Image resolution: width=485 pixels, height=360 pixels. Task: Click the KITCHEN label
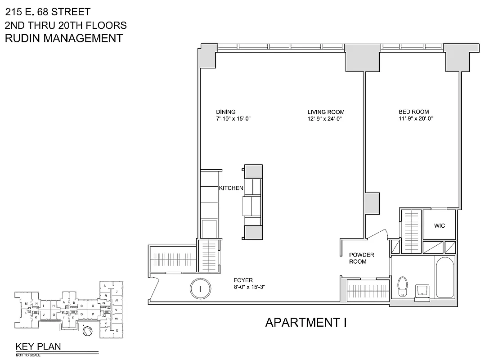click(x=231, y=188)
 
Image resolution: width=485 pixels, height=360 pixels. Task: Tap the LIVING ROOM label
click(x=326, y=112)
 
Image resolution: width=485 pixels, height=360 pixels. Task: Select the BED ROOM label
click(x=413, y=112)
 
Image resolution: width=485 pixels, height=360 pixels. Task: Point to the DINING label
click(x=225, y=112)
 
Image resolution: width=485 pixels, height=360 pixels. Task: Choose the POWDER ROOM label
click(x=361, y=258)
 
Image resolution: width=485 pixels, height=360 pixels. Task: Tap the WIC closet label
click(x=439, y=225)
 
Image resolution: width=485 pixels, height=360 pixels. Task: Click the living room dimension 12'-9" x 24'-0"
click(x=326, y=119)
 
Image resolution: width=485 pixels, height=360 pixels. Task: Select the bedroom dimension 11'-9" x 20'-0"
click(x=415, y=119)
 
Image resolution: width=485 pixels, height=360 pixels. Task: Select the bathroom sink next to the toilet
click(x=422, y=290)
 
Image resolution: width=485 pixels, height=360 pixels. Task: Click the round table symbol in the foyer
click(x=199, y=289)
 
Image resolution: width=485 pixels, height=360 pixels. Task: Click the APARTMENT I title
click(x=305, y=322)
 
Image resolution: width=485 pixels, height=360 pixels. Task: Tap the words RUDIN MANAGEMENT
click(x=63, y=38)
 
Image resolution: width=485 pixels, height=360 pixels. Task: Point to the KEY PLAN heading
click(x=38, y=346)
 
